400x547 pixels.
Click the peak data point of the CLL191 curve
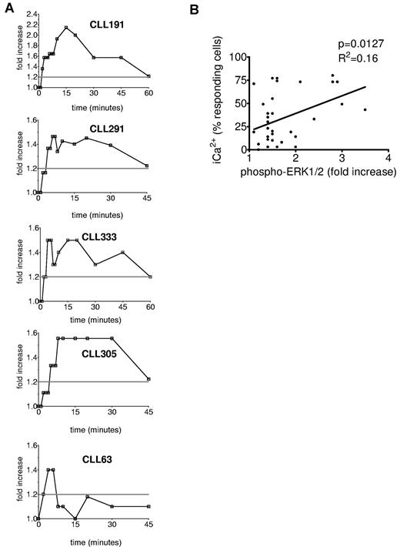pyautogui.click(x=66, y=28)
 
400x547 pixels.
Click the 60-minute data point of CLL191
pyautogui.click(x=148, y=76)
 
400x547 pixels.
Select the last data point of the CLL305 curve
pyautogui.click(x=148, y=379)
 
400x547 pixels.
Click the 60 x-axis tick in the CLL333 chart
pyautogui.click(x=148, y=308)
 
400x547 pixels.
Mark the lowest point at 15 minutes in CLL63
pyautogui.click(x=75, y=518)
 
